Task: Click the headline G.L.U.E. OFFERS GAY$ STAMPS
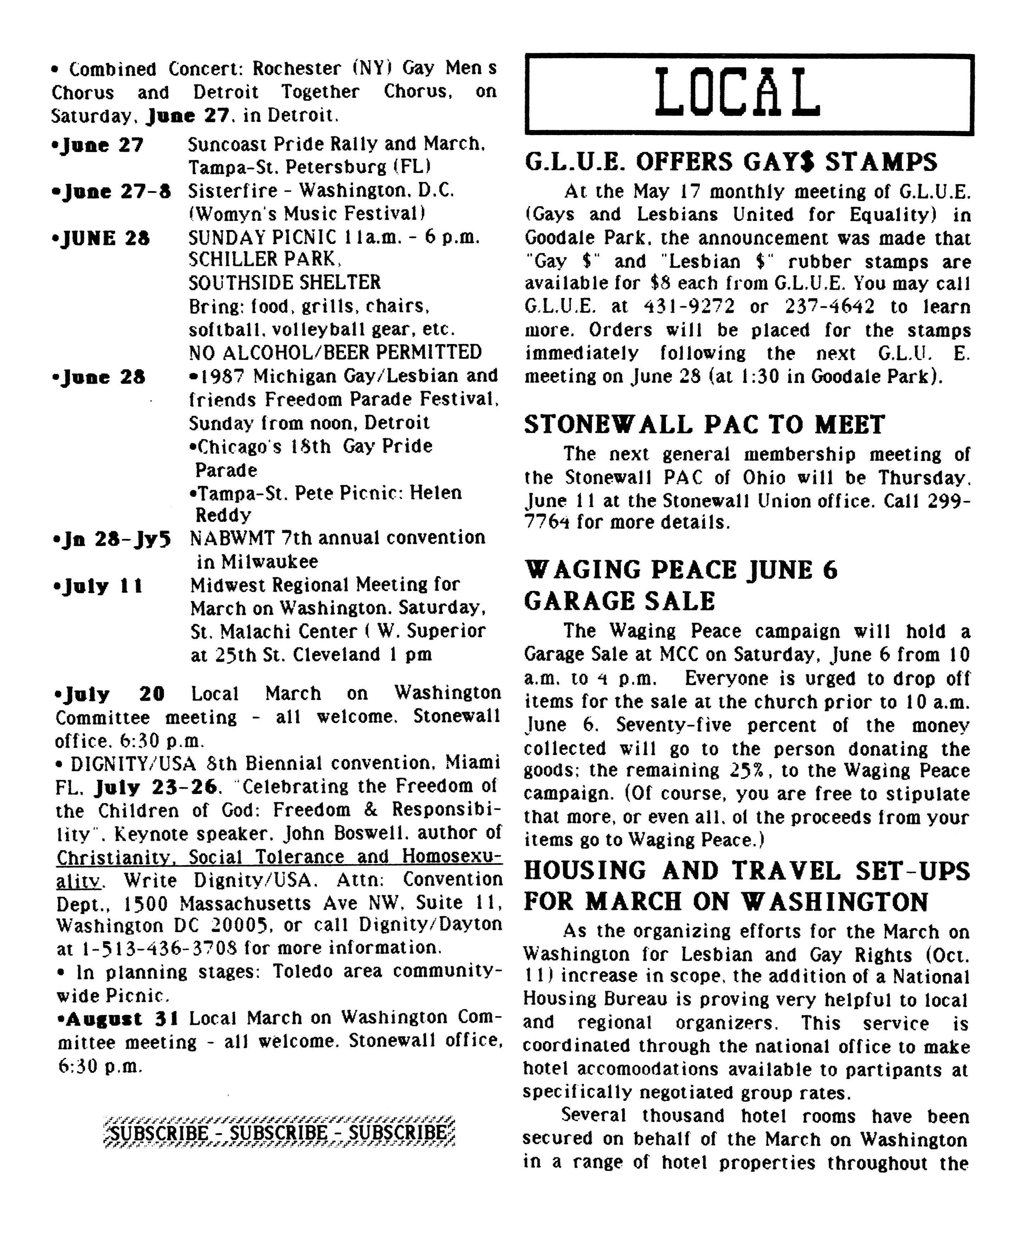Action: [x=730, y=162]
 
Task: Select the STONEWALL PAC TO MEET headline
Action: [x=704, y=425]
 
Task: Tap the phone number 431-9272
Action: [x=689, y=307]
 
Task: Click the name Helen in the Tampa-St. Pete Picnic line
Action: [x=435, y=493]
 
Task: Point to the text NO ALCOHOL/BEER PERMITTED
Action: [x=335, y=352]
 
